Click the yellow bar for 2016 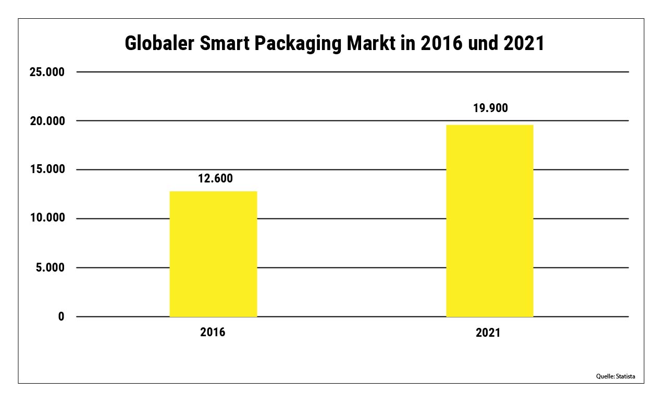(x=213, y=254)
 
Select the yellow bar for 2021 (x=490, y=221)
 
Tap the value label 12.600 (x=215, y=178)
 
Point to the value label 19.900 (x=490, y=108)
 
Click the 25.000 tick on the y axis (x=47, y=72)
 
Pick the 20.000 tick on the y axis (x=47, y=121)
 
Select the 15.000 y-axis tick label (x=47, y=170)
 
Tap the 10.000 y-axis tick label (x=47, y=218)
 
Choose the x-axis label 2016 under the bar (x=213, y=332)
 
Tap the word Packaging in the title (x=299, y=44)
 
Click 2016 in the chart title (x=438, y=44)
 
